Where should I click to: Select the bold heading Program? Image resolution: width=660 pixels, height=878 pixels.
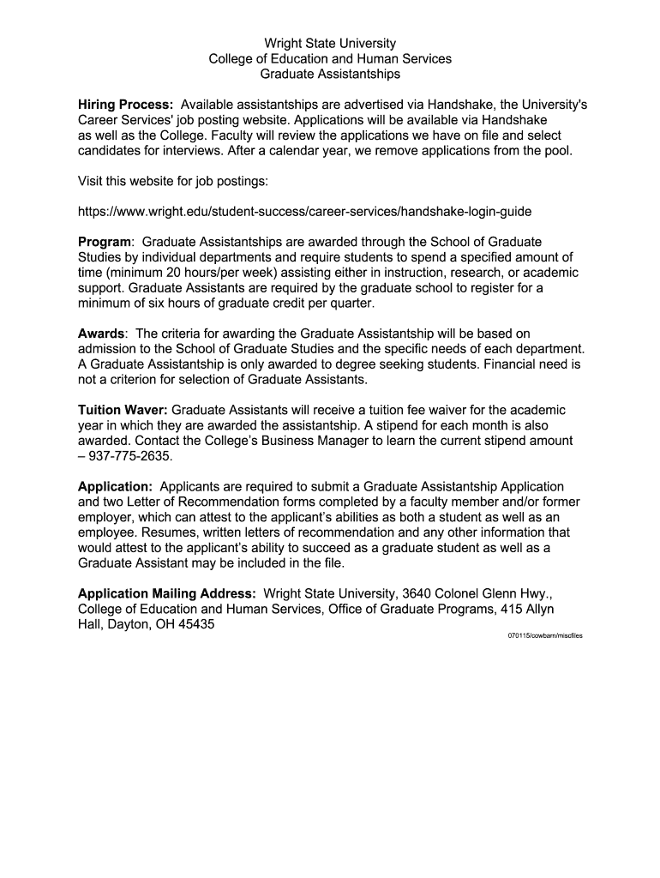[105, 242]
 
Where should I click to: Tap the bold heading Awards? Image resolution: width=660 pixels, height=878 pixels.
[101, 333]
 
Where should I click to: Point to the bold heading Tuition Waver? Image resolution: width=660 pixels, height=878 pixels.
[123, 410]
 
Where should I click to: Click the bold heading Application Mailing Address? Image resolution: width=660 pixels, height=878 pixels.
[167, 593]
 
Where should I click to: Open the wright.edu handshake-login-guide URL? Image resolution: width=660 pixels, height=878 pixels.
[310, 210]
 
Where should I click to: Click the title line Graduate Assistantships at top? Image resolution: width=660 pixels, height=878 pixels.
[330, 75]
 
